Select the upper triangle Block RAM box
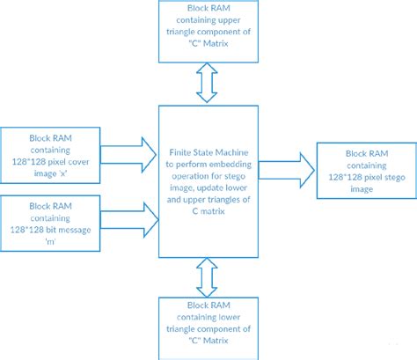coord(208,32)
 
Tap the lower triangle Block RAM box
coord(208,327)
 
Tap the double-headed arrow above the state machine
coord(208,84)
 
